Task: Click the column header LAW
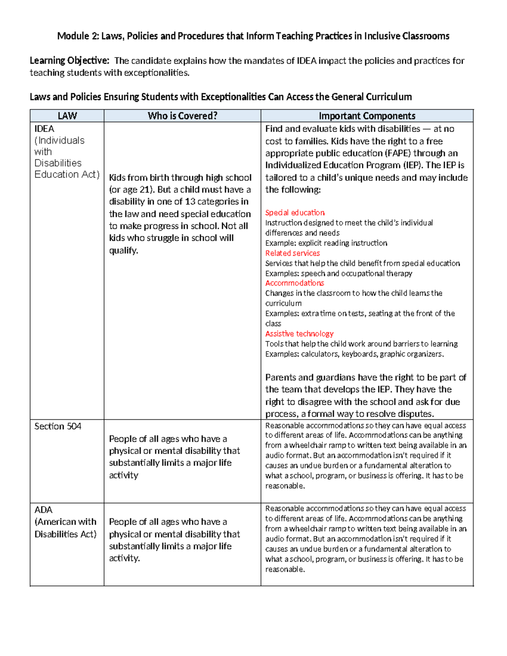pyautogui.click(x=67, y=116)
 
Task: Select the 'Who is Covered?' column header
pyautogui.click(x=182, y=116)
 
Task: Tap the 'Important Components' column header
pyautogui.click(x=367, y=116)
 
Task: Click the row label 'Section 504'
pyautogui.click(x=58, y=426)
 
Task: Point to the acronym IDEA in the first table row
pyautogui.click(x=44, y=129)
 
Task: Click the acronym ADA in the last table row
pyautogui.click(x=44, y=510)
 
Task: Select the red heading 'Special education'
pyautogui.click(x=295, y=212)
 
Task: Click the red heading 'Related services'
pyautogui.click(x=292, y=253)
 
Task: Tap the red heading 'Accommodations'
pyautogui.click(x=294, y=283)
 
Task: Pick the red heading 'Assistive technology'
pyautogui.click(x=299, y=334)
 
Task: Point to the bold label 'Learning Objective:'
pyautogui.click(x=69, y=61)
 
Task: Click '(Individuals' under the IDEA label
pyautogui.click(x=60, y=140)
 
